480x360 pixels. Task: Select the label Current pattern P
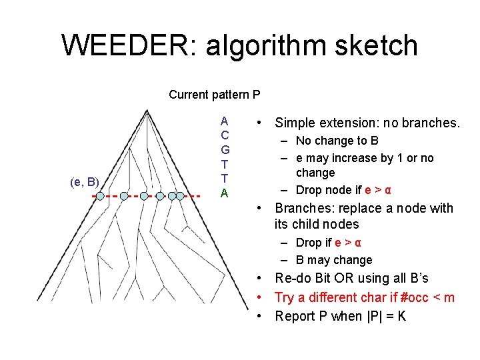pyautogui.click(x=214, y=95)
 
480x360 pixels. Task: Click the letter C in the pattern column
pyautogui.click(x=225, y=135)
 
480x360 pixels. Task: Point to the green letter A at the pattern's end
pyautogui.click(x=225, y=193)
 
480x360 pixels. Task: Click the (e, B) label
pyautogui.click(x=85, y=181)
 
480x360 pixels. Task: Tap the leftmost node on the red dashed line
pyautogui.click(x=99, y=196)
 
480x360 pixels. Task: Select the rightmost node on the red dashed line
pyautogui.click(x=180, y=196)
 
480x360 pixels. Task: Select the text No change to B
pyautogui.click(x=337, y=141)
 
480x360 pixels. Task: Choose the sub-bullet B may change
pyautogui.click(x=334, y=260)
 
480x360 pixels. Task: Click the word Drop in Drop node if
pyautogui.click(x=309, y=190)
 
